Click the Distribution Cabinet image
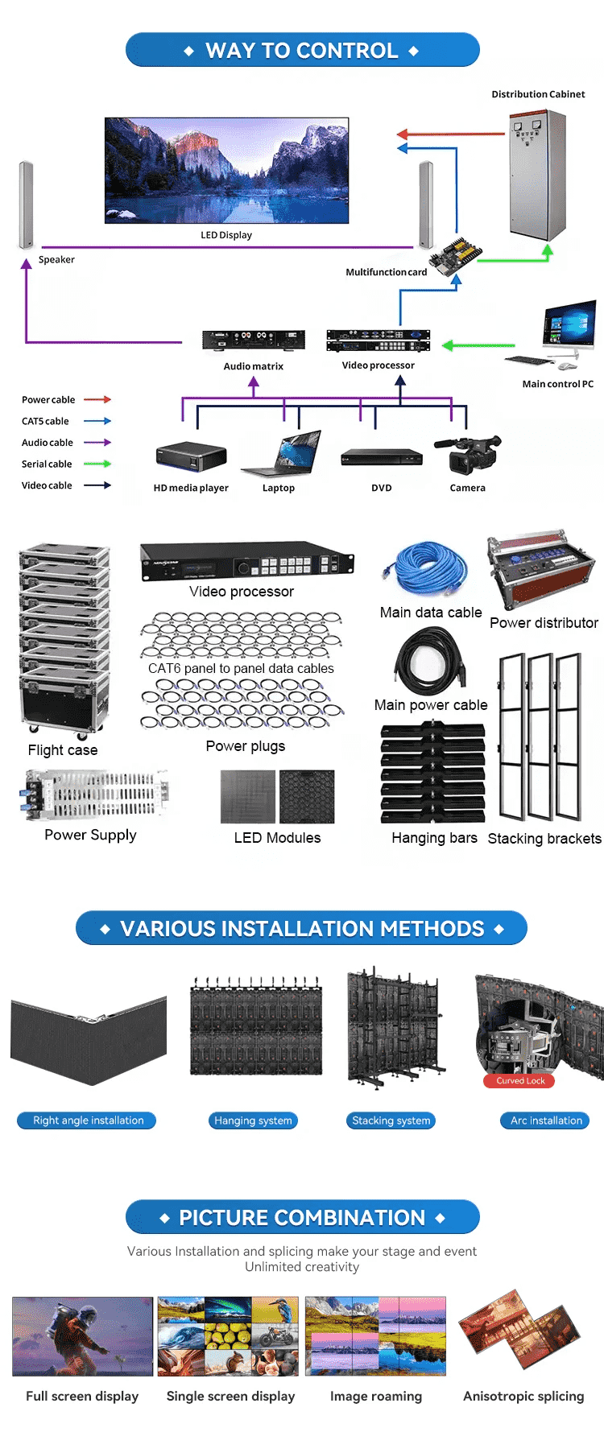coord(537,175)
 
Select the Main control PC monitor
coord(569,324)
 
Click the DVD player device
coord(382,456)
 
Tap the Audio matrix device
coord(253,340)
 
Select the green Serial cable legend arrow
coord(97,464)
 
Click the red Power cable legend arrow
coord(97,399)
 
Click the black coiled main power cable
coord(430,662)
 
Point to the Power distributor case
coord(540,570)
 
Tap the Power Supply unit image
coord(95,794)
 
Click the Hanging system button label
coord(253,1120)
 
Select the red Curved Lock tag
coord(520,1081)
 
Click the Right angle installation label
coord(88,1120)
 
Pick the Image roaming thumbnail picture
coord(375,1336)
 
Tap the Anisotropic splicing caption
coord(523,1396)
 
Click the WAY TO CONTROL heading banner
coord(302,50)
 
